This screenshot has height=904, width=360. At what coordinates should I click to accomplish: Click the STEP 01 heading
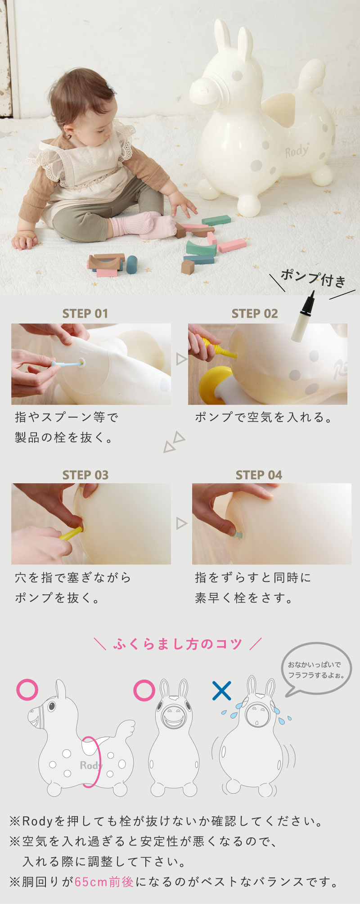coord(85,314)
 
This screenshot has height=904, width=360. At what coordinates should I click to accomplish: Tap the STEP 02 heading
coord(255,314)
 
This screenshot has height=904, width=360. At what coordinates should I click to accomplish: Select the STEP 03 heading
coord(85,475)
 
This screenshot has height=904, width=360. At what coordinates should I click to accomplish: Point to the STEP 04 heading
coord(259,475)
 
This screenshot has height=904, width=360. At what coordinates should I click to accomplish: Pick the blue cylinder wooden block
coord(131,265)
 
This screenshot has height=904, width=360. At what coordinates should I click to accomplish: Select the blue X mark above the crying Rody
coord(222,691)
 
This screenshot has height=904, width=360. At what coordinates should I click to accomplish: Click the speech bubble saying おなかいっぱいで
coord(316,669)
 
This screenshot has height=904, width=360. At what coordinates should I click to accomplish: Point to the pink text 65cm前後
coord(104,882)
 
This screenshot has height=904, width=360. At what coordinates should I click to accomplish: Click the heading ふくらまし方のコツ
coord(178,644)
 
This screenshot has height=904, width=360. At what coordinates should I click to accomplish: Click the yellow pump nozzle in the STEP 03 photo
coord(71,533)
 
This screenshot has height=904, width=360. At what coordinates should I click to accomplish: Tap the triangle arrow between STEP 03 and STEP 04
coord(181,523)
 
